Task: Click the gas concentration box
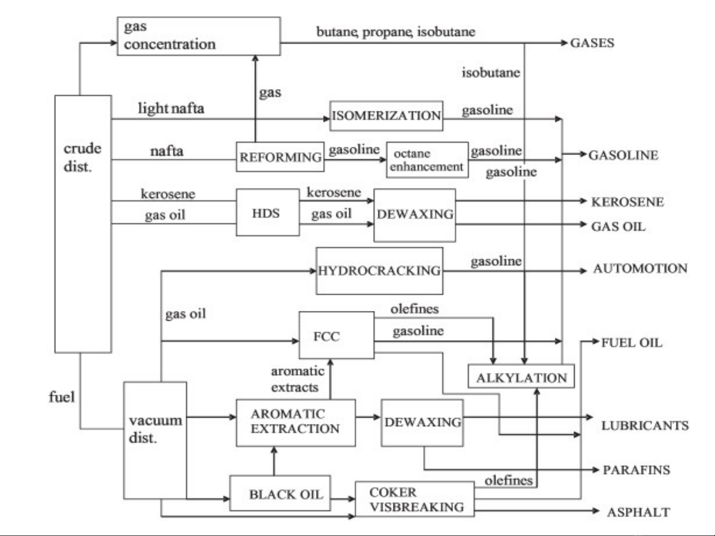coord(198,36)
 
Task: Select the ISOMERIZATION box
coord(386,116)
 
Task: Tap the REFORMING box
coord(280,157)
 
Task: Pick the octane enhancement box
coord(427,160)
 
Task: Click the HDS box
coord(267,213)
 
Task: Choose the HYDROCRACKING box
coord(379,271)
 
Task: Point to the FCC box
coord(336,336)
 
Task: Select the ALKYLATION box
coord(521,377)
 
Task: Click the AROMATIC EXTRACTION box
coord(295,422)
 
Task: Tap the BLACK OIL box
coord(280,494)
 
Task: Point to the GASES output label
coord(592,43)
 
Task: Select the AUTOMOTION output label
coord(640,269)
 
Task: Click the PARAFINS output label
coord(636,470)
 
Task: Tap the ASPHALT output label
coord(638,512)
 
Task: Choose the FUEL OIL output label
coord(631,343)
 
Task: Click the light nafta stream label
coord(171,108)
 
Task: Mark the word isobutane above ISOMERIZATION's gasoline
coord(491,73)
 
